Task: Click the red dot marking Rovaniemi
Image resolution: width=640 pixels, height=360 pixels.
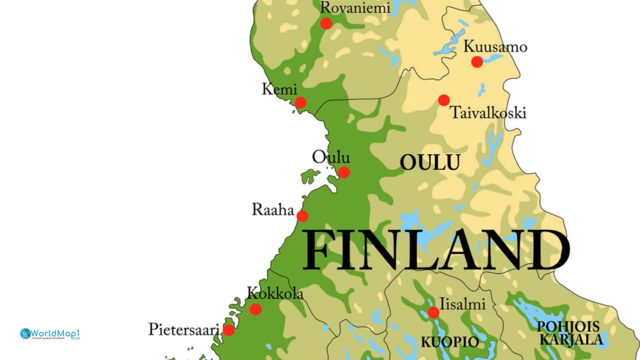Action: click(x=326, y=23)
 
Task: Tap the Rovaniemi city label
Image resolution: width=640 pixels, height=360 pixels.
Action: click(x=355, y=8)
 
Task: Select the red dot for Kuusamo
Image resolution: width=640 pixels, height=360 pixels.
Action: click(x=477, y=62)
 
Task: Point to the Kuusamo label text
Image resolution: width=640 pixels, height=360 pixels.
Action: click(x=495, y=47)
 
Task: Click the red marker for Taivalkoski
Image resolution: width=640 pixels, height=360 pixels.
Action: click(x=444, y=100)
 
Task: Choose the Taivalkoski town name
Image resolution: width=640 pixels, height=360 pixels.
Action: click(x=489, y=113)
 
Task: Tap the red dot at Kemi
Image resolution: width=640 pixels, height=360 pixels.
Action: click(x=300, y=102)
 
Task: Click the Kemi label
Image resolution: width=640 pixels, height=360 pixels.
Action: click(x=279, y=89)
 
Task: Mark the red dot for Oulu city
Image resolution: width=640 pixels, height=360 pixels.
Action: click(x=344, y=172)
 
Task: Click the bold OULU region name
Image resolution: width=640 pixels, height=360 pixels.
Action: click(x=430, y=163)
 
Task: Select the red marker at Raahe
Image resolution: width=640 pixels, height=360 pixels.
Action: click(x=302, y=216)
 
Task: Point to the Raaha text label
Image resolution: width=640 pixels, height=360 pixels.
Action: click(x=273, y=210)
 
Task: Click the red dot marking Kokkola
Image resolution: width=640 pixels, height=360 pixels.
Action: click(x=255, y=309)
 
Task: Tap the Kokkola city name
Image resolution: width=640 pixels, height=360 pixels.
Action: click(x=275, y=294)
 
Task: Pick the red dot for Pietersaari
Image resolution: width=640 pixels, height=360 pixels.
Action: click(x=228, y=330)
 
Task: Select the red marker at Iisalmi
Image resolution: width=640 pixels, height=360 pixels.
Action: click(x=433, y=313)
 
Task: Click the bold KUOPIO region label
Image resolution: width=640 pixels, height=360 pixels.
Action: click(x=450, y=342)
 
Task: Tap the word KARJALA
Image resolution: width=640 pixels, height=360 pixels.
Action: click(x=571, y=339)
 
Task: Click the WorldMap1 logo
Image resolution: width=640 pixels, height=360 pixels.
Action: click(x=50, y=334)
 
